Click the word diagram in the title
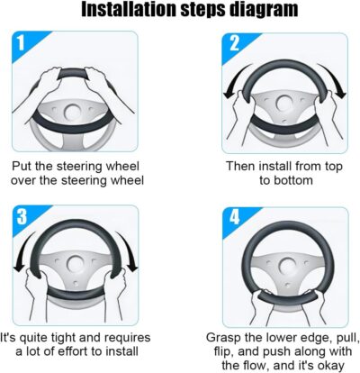coord(264,10)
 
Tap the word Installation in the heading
coord(129,9)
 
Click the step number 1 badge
coord(21,43)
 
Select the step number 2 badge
coord(234,43)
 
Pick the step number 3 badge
coord(22,215)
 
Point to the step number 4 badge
coord(234,216)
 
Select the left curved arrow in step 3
coord(23,252)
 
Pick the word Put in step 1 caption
coord(22,166)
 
